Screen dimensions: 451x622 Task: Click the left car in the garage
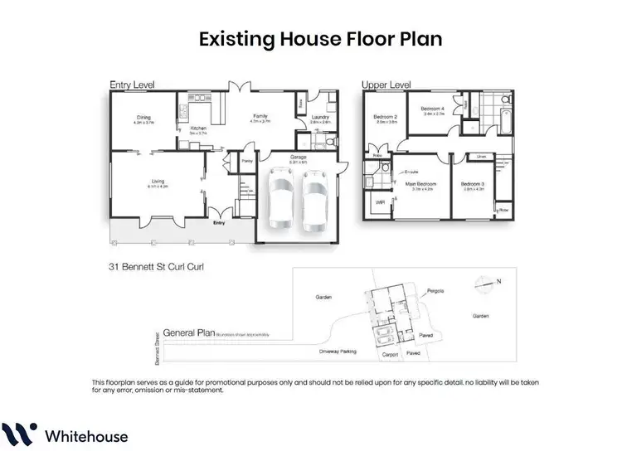(279, 201)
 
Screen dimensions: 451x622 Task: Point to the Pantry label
(247, 161)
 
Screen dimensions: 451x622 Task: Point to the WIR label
(380, 201)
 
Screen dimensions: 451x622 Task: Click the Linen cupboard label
(481, 155)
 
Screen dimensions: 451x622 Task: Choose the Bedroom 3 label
(473, 185)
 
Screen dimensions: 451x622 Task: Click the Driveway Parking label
(336, 352)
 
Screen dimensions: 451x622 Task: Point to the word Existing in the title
(235, 38)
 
